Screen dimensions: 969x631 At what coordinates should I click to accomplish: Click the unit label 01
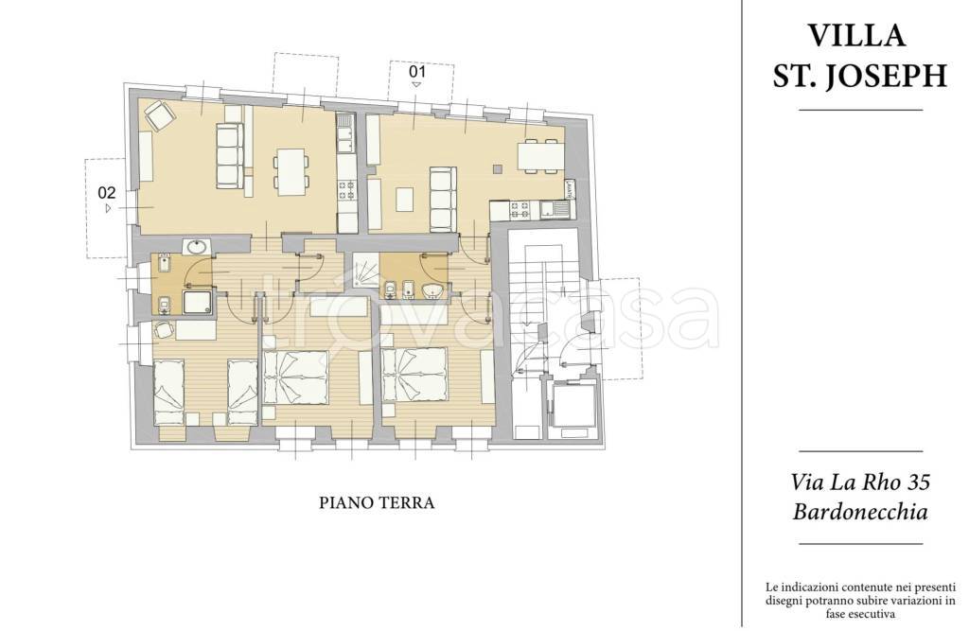pos(417,72)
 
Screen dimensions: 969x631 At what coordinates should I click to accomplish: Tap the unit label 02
pos(107,192)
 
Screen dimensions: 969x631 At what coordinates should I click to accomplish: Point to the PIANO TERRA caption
pos(377,502)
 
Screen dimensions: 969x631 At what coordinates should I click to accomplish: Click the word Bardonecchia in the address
pos(860,512)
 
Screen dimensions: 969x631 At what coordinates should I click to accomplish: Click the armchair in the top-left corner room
pos(159,115)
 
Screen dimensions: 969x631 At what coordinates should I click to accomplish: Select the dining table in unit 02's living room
pos(291,171)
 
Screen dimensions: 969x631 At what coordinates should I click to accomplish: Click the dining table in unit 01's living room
pos(540,156)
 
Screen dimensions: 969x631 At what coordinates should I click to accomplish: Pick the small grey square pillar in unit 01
pos(498,168)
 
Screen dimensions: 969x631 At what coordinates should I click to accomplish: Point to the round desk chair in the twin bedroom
pos(164,332)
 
